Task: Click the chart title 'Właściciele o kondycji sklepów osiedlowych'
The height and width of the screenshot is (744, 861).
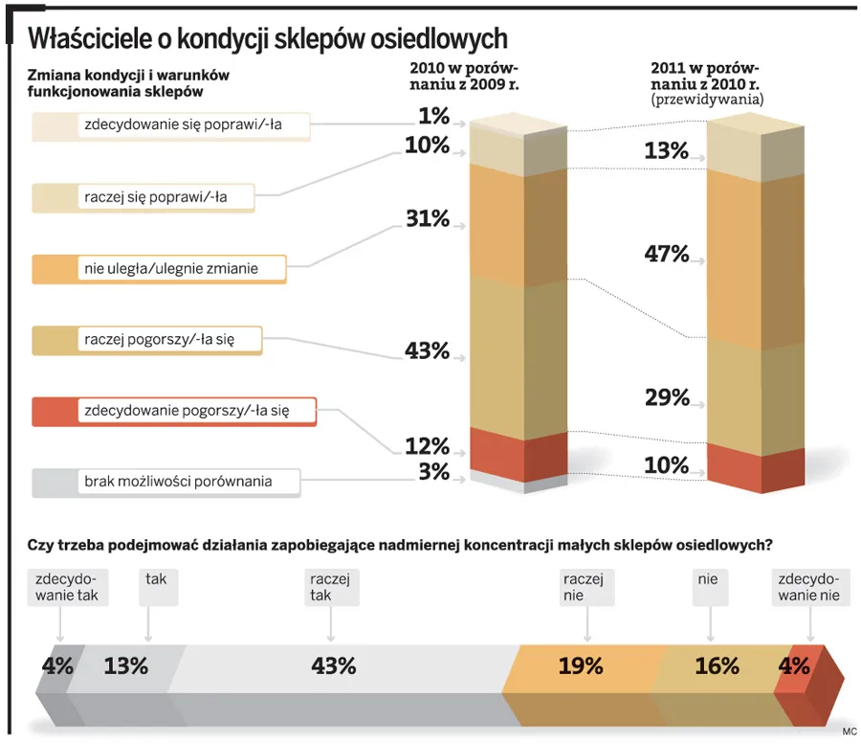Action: click(x=267, y=37)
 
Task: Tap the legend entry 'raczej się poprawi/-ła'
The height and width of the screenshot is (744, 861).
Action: click(x=155, y=196)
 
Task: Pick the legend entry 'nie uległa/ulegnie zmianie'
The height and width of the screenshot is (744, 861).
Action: click(x=170, y=269)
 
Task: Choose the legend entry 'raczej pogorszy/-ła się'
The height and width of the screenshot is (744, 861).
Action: click(x=159, y=340)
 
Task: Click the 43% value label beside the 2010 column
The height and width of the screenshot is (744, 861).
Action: click(x=427, y=350)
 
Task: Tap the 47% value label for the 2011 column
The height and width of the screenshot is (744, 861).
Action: click(x=667, y=254)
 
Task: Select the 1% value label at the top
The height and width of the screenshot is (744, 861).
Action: click(x=433, y=116)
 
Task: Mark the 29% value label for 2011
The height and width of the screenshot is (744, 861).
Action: click(x=667, y=397)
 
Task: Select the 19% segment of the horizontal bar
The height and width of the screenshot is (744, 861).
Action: click(x=581, y=666)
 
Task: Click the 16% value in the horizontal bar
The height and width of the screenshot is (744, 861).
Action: click(x=717, y=666)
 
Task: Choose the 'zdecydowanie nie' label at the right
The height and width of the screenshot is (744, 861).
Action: click(x=808, y=587)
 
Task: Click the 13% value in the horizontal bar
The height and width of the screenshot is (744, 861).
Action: click(x=125, y=666)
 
